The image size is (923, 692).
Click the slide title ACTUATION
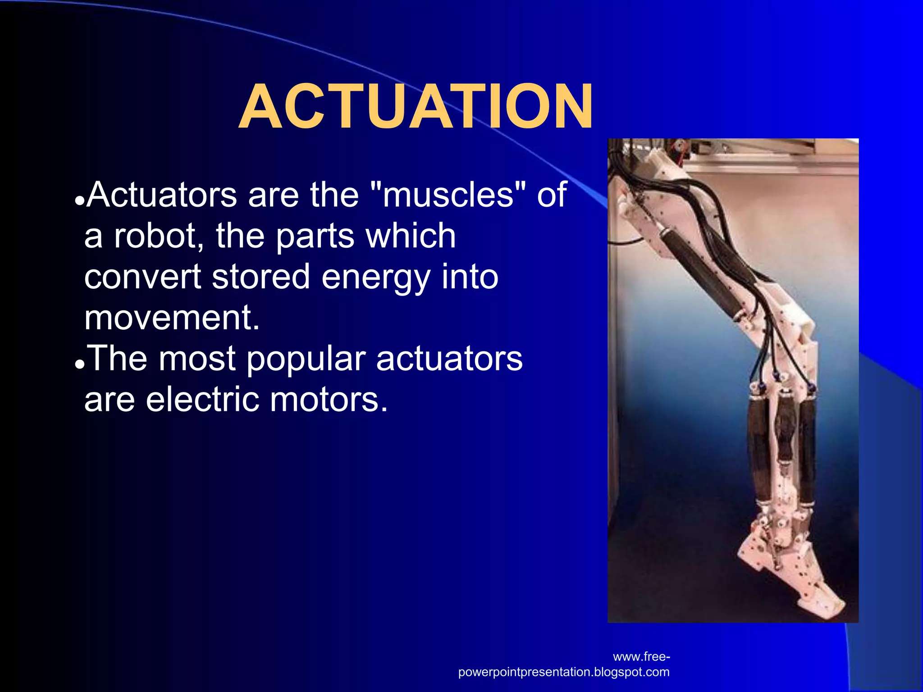[x=416, y=107]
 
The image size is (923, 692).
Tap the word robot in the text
[x=155, y=236]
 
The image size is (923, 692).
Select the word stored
[x=261, y=277]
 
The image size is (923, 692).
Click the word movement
[x=172, y=318]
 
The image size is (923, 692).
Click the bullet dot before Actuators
[x=80, y=201]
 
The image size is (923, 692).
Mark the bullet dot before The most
[x=80, y=364]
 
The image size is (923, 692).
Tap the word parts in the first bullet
[x=315, y=237]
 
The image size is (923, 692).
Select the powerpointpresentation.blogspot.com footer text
[x=563, y=672]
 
